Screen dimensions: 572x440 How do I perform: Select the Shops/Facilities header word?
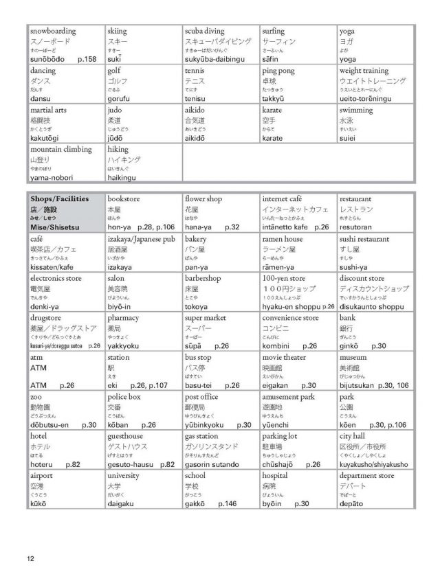coord(60,199)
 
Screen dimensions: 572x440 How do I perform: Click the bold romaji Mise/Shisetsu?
coord(57,227)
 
